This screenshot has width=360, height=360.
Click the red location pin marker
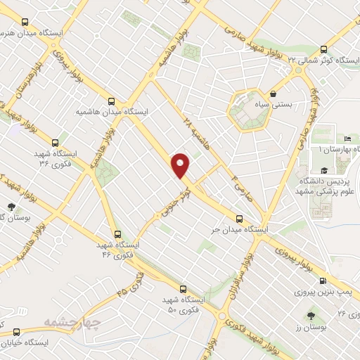181,165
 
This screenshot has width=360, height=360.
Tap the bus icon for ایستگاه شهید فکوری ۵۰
183,288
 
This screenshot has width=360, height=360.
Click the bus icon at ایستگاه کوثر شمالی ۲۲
323,49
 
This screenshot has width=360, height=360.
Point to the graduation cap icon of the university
324,170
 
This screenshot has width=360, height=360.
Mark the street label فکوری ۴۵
131,281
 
